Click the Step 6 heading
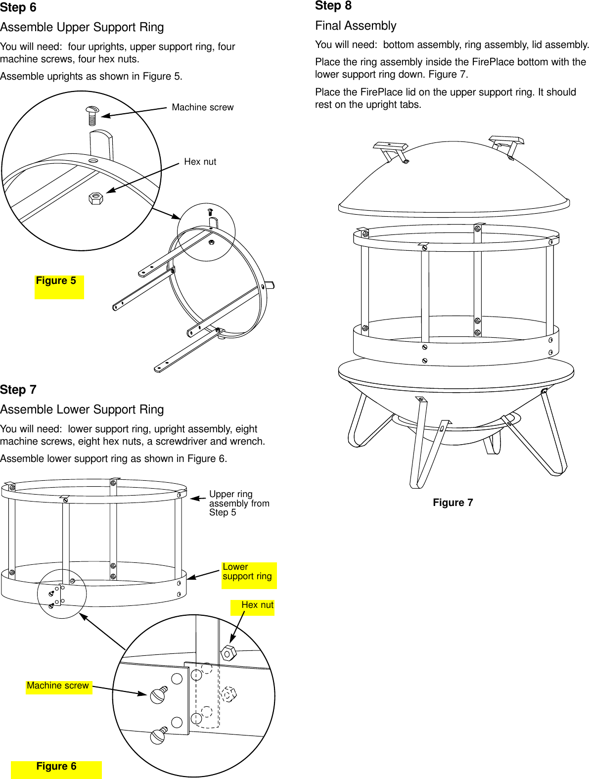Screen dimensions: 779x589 tap(18, 8)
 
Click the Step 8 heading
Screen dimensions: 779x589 tap(333, 6)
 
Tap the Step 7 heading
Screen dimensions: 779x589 tap(18, 390)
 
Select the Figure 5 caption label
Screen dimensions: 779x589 tap(56, 281)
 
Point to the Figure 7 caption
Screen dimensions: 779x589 tap(453, 503)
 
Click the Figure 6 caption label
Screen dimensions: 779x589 tap(56, 767)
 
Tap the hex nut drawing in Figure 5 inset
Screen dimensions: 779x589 tap(96, 198)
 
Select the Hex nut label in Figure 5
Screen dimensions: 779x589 tap(200, 162)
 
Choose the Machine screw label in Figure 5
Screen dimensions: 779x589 tap(202, 107)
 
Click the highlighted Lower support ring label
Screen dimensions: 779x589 tap(247, 572)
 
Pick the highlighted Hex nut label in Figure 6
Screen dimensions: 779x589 tap(257, 605)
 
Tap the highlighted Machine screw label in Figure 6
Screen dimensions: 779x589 tap(58, 686)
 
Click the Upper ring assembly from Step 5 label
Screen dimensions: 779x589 tap(238, 503)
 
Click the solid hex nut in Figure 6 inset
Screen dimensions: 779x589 tap(228, 653)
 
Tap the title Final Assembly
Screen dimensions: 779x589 tap(356, 26)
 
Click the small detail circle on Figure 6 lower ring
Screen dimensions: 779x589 tap(62, 594)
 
